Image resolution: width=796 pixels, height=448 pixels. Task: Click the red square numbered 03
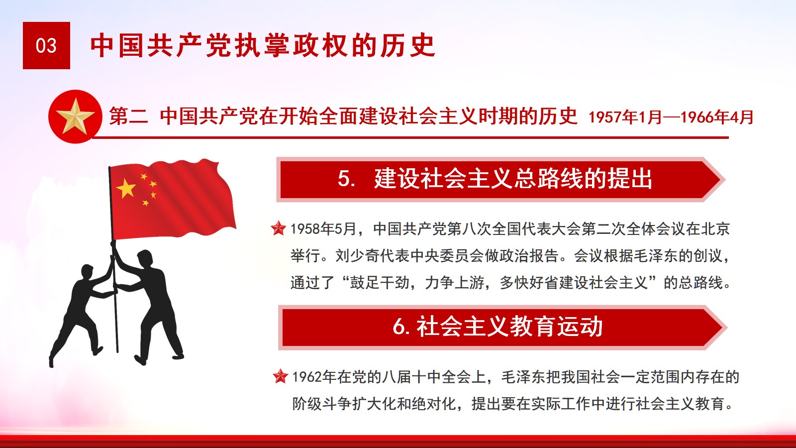point(46,45)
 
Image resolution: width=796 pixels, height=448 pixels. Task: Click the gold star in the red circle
point(75,116)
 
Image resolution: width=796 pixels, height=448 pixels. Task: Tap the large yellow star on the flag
point(126,188)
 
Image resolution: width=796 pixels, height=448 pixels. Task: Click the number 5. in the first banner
point(346,179)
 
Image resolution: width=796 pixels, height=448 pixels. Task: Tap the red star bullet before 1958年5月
point(278,228)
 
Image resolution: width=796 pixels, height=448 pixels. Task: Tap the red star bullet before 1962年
point(280,376)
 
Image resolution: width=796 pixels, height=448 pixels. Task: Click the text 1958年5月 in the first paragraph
point(324,229)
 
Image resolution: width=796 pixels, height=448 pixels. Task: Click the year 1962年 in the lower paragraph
point(314,377)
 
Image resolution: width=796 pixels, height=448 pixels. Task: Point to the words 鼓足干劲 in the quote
point(380,283)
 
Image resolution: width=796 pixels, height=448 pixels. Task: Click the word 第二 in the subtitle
point(128,116)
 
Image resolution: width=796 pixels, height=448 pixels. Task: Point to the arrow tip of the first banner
point(724,180)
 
